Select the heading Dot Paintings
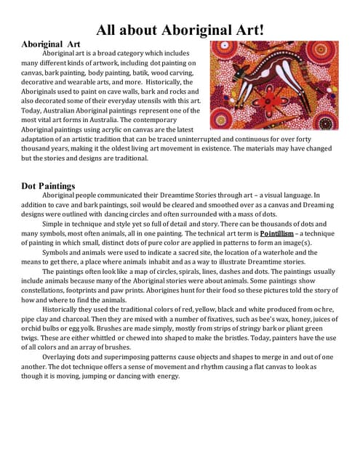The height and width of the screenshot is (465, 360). (48, 186)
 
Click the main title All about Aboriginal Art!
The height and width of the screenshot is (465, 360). (180, 30)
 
